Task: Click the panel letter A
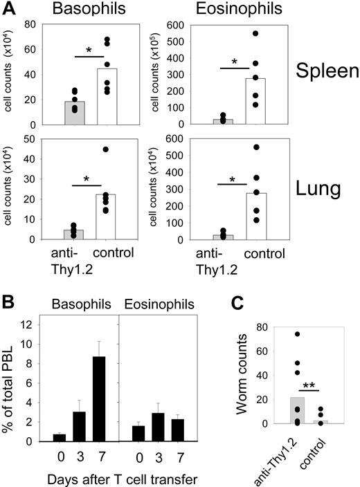click(x=9, y=10)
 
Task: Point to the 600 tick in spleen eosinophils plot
click(x=199, y=26)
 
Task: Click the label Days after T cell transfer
click(x=118, y=478)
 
